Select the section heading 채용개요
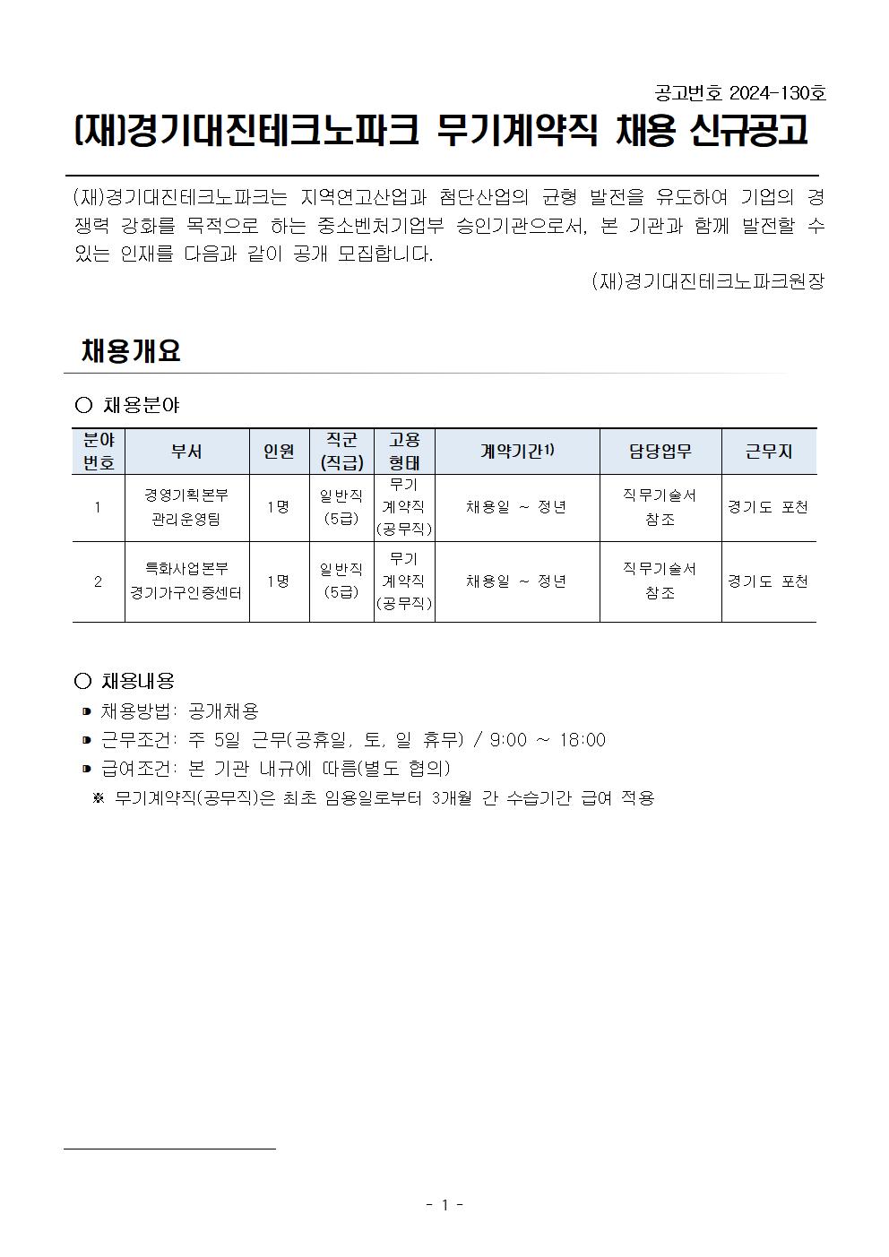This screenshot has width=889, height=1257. (131, 350)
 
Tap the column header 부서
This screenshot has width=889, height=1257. (186, 452)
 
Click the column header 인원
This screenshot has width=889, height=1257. (279, 452)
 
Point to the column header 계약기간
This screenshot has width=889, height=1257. (517, 452)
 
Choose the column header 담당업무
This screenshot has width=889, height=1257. (660, 452)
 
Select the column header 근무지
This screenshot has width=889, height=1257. (769, 452)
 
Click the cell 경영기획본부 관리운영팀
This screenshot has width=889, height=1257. (186, 507)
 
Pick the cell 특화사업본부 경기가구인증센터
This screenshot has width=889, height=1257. (186, 581)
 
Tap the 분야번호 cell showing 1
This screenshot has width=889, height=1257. (98, 507)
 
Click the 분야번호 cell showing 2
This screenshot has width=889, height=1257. (98, 581)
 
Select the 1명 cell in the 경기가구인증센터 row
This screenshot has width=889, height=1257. (279, 581)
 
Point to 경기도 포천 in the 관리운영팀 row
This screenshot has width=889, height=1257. (768, 507)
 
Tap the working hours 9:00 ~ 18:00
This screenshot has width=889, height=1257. (548, 740)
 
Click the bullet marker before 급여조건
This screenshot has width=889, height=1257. (86, 769)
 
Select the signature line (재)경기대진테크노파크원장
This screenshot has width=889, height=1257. (707, 281)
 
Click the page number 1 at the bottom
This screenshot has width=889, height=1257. (444, 1206)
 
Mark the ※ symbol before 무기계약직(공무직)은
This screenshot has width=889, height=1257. (99, 798)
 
